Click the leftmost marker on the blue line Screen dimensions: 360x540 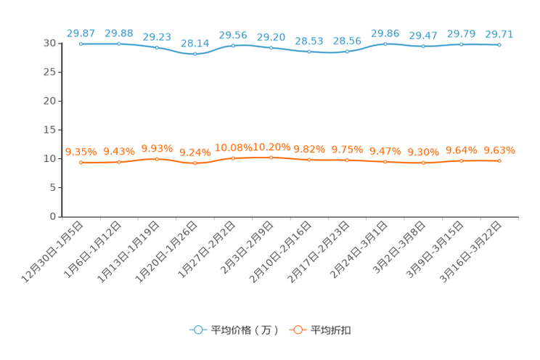click(x=81, y=44)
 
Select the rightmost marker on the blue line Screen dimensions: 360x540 click(x=499, y=45)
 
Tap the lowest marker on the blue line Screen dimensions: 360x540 click(x=195, y=54)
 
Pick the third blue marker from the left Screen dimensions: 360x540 click(x=157, y=48)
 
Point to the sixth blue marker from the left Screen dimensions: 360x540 click(x=271, y=48)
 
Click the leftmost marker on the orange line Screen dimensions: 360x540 click(x=81, y=162)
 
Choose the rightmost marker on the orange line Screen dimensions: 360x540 click(x=499, y=161)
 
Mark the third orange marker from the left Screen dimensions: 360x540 click(x=157, y=158)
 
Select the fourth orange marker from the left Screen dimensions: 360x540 click(x=195, y=164)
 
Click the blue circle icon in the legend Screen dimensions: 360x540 click(x=197, y=330)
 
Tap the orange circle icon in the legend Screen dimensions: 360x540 click(x=297, y=330)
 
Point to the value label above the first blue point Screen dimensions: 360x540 click(x=81, y=33)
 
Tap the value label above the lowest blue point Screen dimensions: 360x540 click(x=195, y=44)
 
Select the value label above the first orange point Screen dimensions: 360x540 click(x=81, y=151)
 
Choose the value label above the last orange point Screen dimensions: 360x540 click(x=499, y=150)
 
